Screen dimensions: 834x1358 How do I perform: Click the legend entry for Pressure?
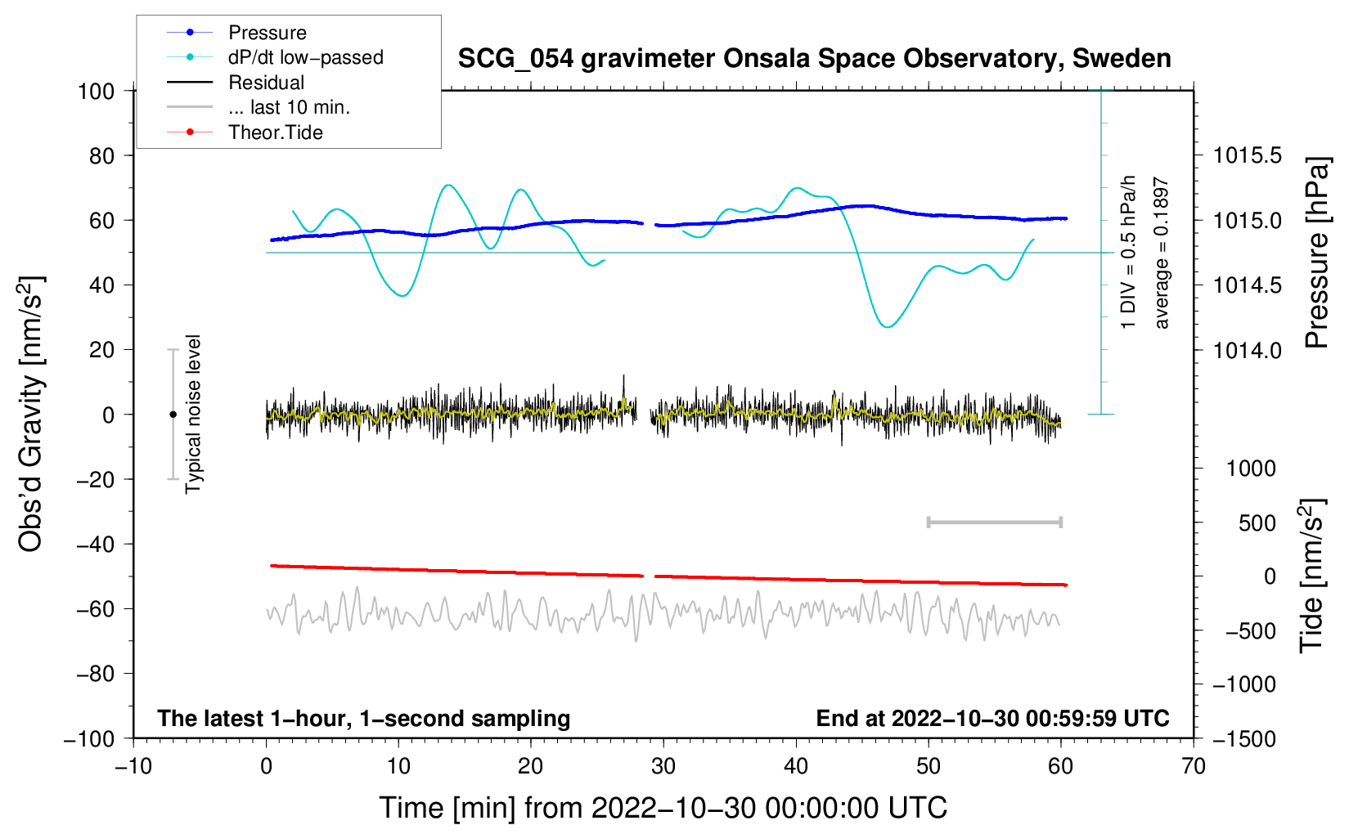(267, 33)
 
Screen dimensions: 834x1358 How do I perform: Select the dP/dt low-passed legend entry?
(305, 57)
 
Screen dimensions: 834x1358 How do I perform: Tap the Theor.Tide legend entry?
(275, 132)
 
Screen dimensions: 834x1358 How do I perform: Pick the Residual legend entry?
(266, 83)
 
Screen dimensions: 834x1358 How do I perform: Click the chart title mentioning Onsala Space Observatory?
(814, 59)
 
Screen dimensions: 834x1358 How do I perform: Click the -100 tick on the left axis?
(89, 738)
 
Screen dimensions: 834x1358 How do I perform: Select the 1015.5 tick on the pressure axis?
(1247, 155)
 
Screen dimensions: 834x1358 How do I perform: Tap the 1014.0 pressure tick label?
(1247, 350)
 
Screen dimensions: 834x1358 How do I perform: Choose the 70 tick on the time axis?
(1194, 766)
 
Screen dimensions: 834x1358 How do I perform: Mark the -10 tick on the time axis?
(133, 766)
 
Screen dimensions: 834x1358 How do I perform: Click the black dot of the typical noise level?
(173, 415)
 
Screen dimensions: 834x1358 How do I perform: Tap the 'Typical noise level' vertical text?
(193, 414)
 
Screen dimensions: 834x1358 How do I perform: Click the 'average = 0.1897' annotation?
(1162, 253)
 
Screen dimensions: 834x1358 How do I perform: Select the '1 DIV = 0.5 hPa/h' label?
(1129, 252)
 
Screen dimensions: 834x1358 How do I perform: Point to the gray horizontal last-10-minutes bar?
(994, 522)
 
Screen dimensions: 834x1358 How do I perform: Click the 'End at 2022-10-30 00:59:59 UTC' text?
(992, 719)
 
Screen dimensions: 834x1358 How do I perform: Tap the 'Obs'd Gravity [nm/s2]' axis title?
(31, 415)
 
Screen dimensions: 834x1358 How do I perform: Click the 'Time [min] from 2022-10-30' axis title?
(663, 808)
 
